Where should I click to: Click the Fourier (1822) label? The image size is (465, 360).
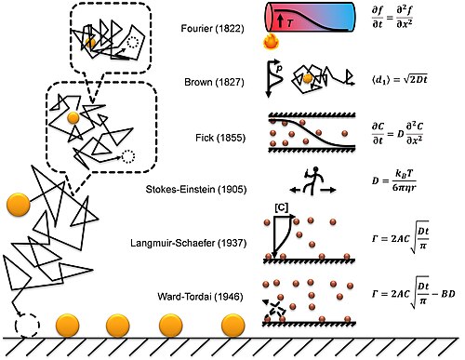tap(212, 29)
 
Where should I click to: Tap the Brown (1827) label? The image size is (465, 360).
tap(214, 82)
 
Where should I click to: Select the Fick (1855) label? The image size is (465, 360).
tap(220, 138)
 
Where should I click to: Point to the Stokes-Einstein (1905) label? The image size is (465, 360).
tap(196, 189)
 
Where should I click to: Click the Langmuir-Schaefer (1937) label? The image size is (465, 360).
tap(189, 243)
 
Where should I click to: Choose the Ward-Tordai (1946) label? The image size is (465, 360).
tap(200, 297)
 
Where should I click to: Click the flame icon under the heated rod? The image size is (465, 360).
tap(271, 42)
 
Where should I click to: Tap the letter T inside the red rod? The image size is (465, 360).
tap(290, 22)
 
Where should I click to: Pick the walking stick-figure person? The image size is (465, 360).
tap(313, 180)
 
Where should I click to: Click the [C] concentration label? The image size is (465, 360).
tap(281, 207)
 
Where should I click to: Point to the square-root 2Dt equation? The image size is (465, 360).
tap(400, 80)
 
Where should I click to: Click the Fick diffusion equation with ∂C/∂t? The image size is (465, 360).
tap(397, 134)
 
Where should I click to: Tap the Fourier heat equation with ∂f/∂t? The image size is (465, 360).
tap(392, 18)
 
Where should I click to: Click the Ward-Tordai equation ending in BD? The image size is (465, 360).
tap(413, 292)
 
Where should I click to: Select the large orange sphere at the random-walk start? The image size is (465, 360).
tap(19, 205)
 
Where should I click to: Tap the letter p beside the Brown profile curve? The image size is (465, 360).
tap(279, 69)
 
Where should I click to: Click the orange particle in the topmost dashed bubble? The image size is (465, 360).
tap(90, 43)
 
